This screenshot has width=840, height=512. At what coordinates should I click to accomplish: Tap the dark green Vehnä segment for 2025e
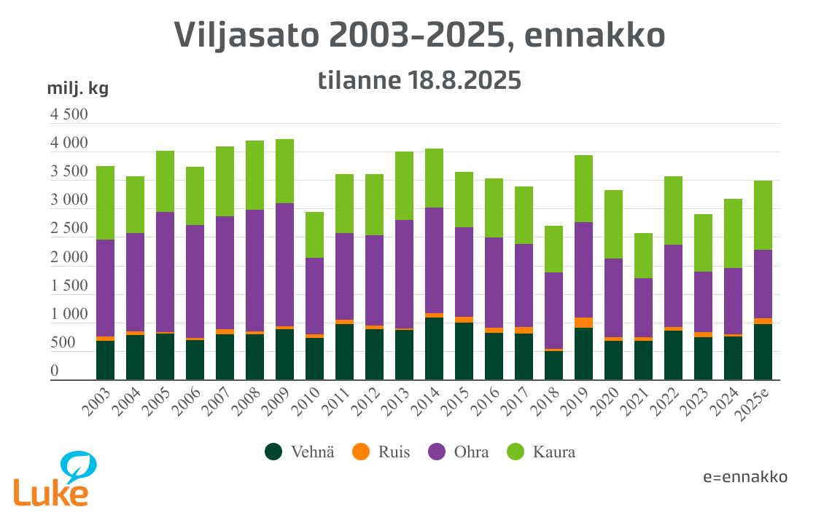tap(763, 352)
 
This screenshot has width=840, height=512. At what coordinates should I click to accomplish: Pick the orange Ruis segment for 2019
tap(583, 323)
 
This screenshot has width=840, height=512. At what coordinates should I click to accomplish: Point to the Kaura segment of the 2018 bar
tap(553, 249)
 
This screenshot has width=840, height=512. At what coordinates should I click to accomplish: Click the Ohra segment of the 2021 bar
tap(643, 307)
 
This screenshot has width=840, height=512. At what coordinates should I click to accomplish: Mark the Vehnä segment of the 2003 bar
tap(105, 361)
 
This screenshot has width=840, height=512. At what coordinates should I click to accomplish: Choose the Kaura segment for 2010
tap(314, 235)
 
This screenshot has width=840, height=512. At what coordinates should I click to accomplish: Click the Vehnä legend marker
tap(273, 452)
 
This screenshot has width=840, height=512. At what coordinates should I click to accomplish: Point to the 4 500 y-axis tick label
tap(69, 115)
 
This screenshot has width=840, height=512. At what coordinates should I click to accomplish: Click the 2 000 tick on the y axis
tap(69, 258)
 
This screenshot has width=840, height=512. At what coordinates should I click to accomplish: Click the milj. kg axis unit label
tap(77, 89)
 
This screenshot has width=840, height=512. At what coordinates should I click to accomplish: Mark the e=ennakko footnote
tap(745, 477)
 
